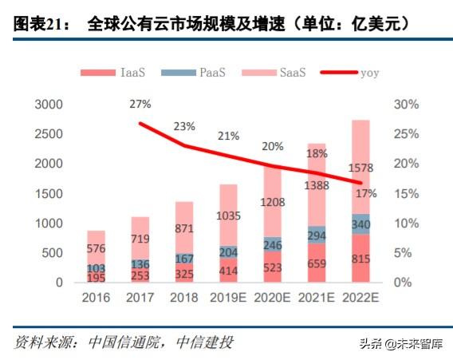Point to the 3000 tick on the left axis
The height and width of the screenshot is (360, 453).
coord(47,105)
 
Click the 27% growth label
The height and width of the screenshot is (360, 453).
coord(140,105)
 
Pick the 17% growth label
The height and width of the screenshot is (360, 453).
coord(367,193)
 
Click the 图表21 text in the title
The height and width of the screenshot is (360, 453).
coord(38,24)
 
